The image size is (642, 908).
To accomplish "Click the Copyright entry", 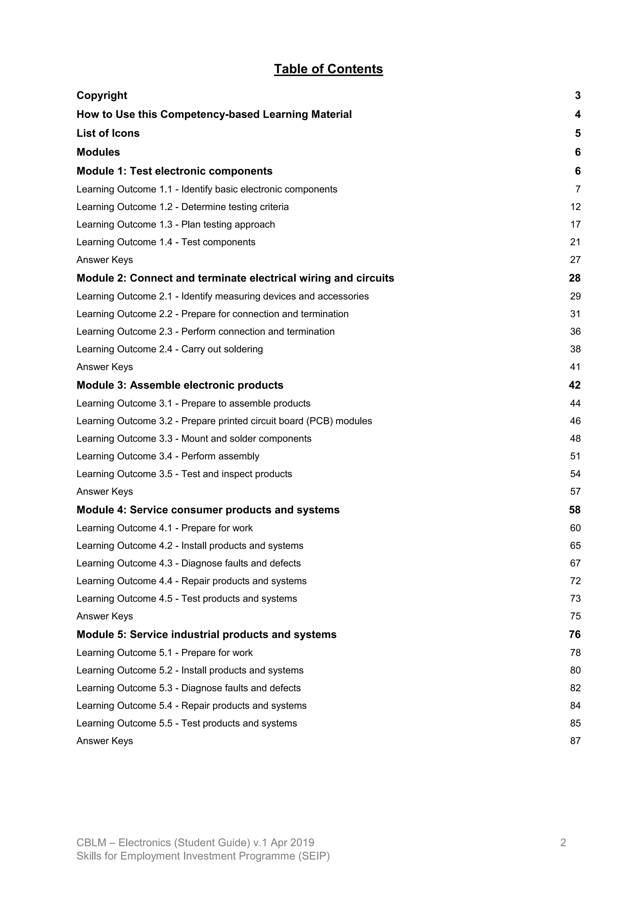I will (x=102, y=95).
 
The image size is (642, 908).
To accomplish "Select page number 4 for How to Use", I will (x=577, y=114).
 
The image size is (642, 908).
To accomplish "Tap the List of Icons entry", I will (x=108, y=133).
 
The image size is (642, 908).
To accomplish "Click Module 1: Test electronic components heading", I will (x=174, y=171).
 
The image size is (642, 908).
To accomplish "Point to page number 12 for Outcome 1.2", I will (x=575, y=207).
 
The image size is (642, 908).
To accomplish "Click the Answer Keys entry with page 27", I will (x=104, y=260).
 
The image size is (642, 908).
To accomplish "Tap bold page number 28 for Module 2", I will (x=574, y=278).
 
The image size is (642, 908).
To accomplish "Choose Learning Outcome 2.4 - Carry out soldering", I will (x=170, y=349).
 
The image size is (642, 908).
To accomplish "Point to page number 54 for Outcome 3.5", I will (x=575, y=474).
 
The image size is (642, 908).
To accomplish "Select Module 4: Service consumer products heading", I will (x=208, y=510).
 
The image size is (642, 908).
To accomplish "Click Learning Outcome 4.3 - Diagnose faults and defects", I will (x=189, y=563).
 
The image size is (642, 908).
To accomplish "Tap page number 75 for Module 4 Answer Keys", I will (x=575, y=616).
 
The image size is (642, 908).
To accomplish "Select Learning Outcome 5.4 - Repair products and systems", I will (x=191, y=705).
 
